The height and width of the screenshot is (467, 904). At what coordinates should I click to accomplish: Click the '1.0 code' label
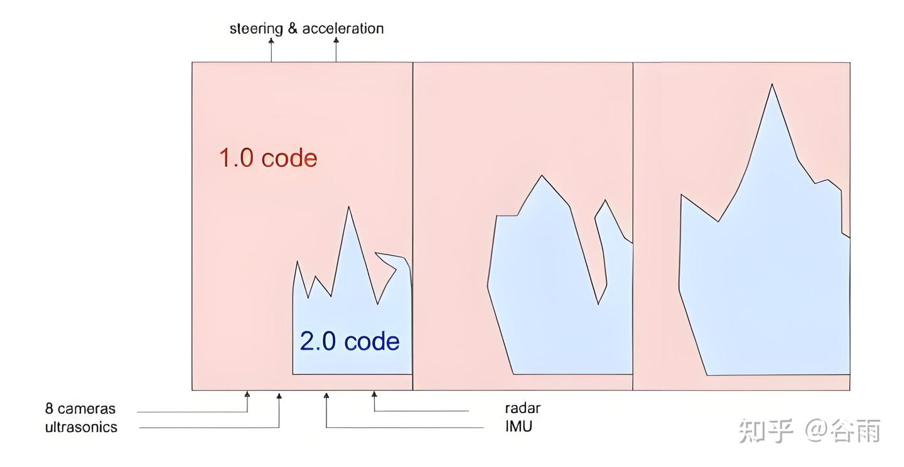tap(268, 158)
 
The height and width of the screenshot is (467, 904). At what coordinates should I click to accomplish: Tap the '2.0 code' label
tap(350, 341)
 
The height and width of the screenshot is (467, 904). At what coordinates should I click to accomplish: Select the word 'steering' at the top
tap(256, 28)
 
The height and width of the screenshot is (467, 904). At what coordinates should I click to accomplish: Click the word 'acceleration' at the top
tap(343, 28)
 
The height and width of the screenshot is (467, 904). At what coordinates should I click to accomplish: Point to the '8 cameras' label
tap(80, 409)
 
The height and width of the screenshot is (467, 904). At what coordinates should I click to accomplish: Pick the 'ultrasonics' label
tap(81, 427)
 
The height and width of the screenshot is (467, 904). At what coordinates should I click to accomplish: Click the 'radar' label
tap(522, 408)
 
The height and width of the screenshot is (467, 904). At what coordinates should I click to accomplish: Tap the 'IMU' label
tap(519, 426)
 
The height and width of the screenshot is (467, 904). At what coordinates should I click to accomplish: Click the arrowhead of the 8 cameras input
tap(247, 395)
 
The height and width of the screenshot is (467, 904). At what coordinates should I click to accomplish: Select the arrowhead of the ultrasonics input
tap(279, 395)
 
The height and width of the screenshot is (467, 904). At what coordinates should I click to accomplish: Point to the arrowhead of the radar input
tap(374, 395)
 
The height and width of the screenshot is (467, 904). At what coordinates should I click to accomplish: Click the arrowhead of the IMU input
tap(326, 395)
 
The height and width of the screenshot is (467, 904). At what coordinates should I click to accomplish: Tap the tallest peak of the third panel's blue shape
tap(772, 85)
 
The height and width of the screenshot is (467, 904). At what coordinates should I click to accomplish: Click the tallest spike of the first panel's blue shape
tap(348, 208)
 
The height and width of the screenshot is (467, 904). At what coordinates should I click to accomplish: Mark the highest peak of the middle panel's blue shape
tap(541, 177)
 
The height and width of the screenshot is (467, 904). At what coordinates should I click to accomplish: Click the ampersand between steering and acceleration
tap(293, 28)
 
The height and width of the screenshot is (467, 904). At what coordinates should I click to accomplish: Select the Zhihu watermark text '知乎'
tap(767, 431)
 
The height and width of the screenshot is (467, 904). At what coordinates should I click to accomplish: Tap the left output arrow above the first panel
tap(271, 41)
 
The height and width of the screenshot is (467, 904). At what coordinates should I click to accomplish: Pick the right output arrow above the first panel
tap(336, 41)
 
